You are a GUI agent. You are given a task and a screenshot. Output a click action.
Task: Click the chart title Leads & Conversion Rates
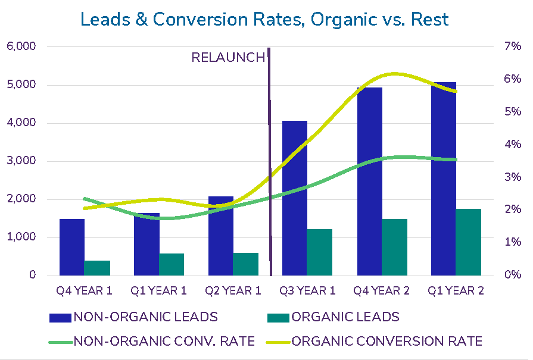coord(264,20)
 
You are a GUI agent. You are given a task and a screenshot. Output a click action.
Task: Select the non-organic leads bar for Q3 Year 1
coord(295,198)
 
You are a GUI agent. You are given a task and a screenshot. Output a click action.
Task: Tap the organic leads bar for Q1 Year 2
coord(468,242)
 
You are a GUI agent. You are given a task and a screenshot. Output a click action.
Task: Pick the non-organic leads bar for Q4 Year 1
coord(72,247)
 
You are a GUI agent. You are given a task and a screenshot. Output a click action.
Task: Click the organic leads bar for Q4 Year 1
coord(97,268)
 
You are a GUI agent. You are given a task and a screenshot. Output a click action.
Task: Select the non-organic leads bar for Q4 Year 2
coord(369,181)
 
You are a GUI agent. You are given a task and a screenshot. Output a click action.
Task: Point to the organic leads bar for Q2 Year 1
coord(246,264)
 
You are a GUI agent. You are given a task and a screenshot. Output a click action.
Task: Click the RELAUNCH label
coord(227,58)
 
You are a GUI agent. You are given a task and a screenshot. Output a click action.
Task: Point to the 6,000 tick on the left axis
coord(21,46)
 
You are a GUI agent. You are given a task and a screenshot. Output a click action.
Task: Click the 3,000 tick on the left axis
coord(21,161)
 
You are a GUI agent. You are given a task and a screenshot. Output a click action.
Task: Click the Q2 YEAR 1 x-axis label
coord(233,291)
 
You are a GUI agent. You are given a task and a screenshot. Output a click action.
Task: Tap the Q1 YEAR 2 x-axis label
coord(456,291)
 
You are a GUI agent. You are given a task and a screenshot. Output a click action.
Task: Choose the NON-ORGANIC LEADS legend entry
coord(134,317)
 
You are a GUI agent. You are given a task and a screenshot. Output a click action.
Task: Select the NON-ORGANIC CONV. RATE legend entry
coord(152,342)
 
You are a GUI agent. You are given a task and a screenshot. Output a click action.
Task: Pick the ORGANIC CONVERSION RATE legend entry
coord(376,342)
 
